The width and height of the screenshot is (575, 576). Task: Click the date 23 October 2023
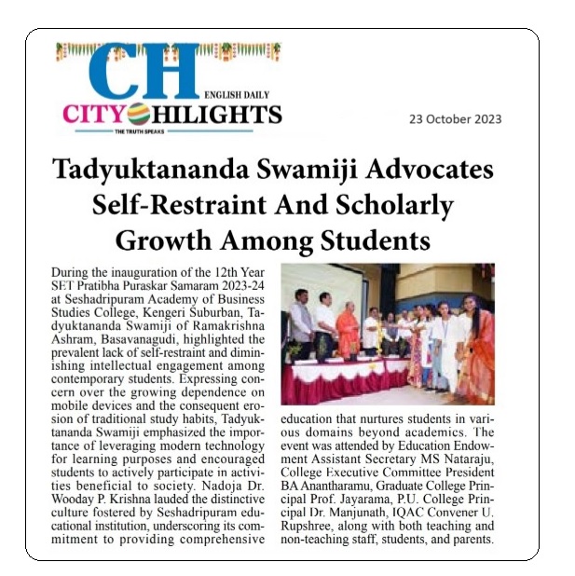click(x=455, y=118)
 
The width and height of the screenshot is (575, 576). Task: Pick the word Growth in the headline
click(x=160, y=240)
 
